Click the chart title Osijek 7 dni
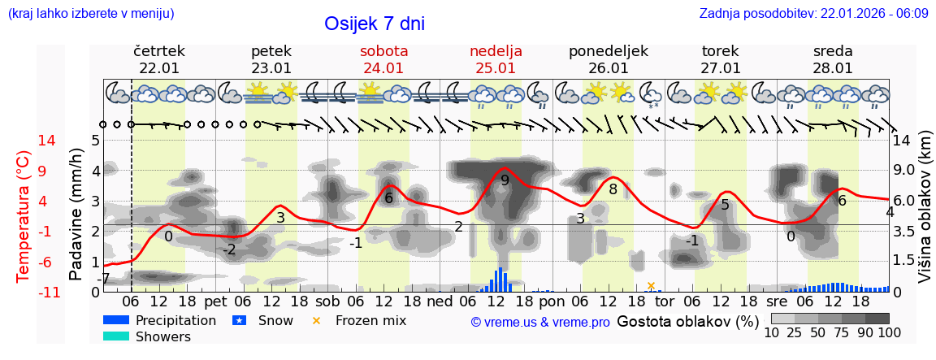[x=374, y=24]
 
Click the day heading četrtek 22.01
[x=159, y=59]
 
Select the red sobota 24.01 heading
[x=383, y=59]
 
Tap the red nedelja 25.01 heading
[x=496, y=59]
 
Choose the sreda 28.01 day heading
[x=832, y=59]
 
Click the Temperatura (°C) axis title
[x=24, y=216]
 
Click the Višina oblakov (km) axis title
[x=924, y=216]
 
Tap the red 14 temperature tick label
[x=24, y=141]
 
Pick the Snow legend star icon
[x=239, y=320]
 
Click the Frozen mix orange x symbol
[x=316, y=320]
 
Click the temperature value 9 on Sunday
[x=505, y=180]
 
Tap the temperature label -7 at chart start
[x=103, y=279]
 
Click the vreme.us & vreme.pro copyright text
[x=540, y=322]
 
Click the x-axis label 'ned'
[x=440, y=301]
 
